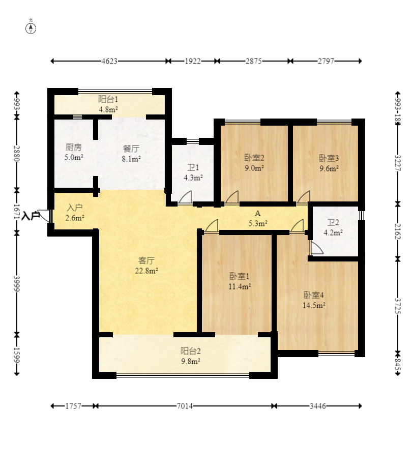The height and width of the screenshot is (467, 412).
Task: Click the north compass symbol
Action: pos(31,28)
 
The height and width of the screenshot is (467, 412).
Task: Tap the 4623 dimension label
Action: pos(109,62)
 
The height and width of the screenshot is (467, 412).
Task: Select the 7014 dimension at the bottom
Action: pos(185,406)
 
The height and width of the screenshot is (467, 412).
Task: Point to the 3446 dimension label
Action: pos(317,406)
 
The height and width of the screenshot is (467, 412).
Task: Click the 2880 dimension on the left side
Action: pos(17,154)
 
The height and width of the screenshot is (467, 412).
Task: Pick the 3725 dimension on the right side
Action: pos(398,306)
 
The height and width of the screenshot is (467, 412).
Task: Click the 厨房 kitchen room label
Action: pos(74,147)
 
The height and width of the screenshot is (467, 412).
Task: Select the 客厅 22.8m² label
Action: pos(146,266)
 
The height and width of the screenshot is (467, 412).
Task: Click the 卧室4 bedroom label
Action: pos(314,295)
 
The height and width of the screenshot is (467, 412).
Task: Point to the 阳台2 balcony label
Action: pos(191,351)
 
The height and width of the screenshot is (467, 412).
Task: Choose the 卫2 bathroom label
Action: pos(333,222)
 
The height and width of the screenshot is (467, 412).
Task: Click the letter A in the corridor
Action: pos(258,213)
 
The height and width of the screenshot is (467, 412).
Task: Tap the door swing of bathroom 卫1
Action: pos(185,197)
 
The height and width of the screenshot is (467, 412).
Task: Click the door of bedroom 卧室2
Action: pos(232,197)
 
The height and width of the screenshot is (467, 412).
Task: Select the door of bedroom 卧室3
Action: pos(304,197)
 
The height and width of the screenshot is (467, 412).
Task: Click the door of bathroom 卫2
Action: pos(317,248)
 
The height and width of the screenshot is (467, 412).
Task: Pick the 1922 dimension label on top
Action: pos(193,62)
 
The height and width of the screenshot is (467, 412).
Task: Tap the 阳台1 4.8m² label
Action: pos(108,104)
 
